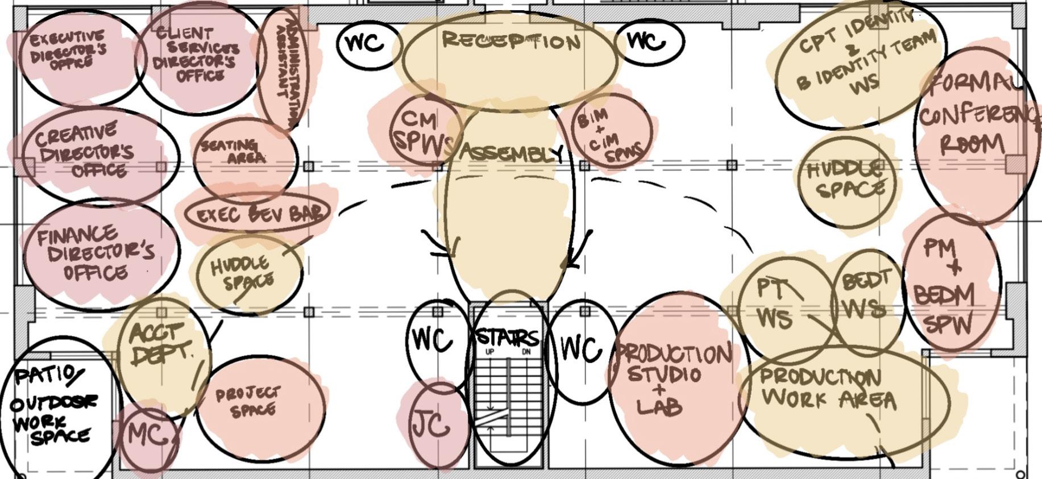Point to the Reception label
point(510,41)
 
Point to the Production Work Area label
point(827,389)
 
